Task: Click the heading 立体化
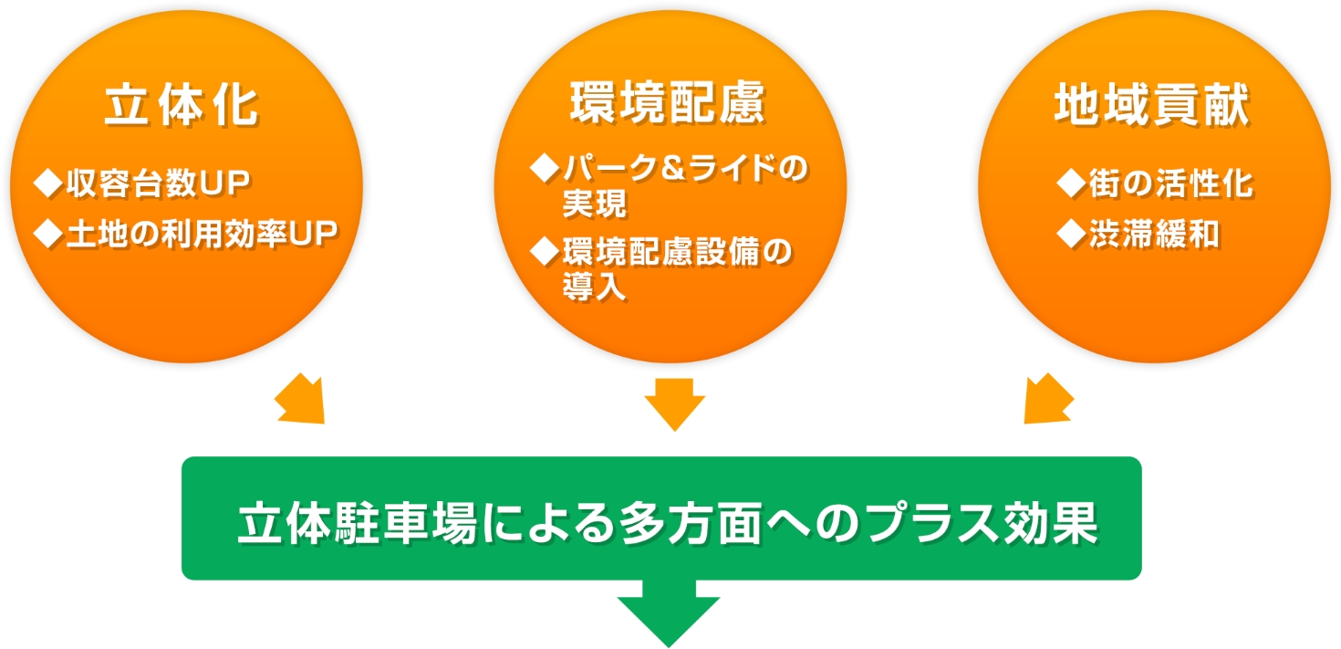[182, 106]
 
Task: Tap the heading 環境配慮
[668, 102]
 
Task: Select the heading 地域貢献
[1152, 105]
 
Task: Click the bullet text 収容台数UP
[159, 183]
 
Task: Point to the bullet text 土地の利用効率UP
[203, 233]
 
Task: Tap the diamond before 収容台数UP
[48, 183]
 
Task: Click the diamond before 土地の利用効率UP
[48, 233]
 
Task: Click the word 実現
[595, 204]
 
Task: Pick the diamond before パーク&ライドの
[545, 168]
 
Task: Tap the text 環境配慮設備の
[678, 251]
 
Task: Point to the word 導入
[595, 287]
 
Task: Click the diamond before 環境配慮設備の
[545, 251]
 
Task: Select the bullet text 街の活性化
[1171, 183]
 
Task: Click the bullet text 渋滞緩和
[1154, 233]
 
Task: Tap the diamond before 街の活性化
[1072, 183]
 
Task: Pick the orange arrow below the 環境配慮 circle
[675, 404]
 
